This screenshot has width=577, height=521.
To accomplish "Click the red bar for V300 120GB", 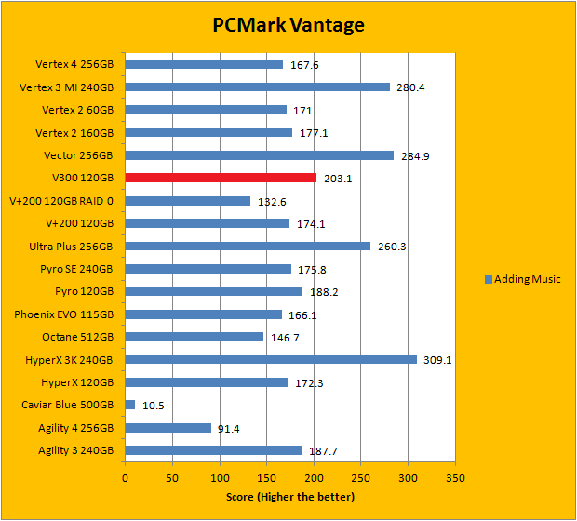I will tap(221, 178).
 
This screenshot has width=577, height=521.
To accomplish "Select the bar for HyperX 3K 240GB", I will tap(271, 359).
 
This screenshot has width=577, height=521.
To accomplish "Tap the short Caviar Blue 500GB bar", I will tap(130, 405).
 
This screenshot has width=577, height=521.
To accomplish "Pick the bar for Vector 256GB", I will tap(260, 155).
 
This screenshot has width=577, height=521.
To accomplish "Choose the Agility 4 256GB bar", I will tap(168, 428).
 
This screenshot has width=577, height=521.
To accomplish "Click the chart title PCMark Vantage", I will tap(288, 24).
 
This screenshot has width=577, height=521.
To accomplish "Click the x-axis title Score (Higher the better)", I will tap(289, 497).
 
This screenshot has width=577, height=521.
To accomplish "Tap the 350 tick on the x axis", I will tap(455, 479).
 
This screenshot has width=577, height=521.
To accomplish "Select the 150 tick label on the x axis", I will tap(266, 479).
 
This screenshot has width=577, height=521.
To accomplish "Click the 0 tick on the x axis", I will tap(126, 479).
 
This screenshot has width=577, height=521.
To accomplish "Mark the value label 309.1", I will tap(436, 360).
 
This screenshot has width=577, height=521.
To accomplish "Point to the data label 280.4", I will tap(410, 87).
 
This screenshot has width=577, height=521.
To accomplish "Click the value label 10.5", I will tap(154, 406).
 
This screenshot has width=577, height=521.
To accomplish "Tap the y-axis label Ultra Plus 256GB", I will tap(71, 247).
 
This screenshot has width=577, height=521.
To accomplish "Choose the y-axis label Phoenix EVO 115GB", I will tap(64, 314).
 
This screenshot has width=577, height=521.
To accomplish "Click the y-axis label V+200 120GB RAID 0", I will tap(60, 201).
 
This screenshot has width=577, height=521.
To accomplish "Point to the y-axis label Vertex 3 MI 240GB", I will tap(66, 87).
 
